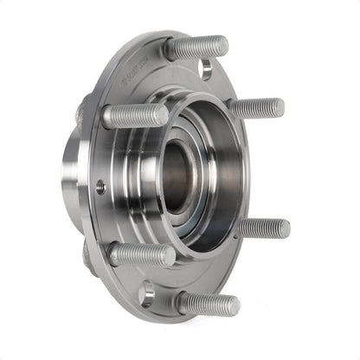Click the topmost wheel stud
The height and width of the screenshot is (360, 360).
coord(197,48)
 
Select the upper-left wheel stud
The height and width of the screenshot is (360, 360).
coord(136,115)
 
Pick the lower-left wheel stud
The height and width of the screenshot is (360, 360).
coord(142,254)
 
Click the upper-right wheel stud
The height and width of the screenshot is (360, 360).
coord(258,108)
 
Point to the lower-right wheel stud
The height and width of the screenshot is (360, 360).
coord(264,228)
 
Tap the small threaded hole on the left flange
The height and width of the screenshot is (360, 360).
coord(101,185)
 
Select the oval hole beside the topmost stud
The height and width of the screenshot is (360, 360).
coord(206,69)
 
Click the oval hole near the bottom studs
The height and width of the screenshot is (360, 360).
coord(146,294)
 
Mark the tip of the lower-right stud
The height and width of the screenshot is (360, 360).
coord(285,228)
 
